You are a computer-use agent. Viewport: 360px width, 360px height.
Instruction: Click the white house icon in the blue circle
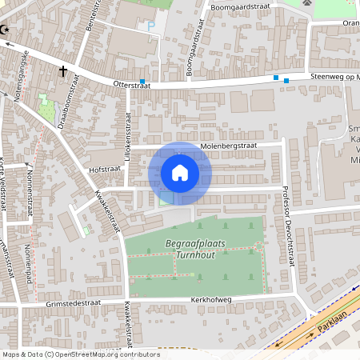(x=180, y=173)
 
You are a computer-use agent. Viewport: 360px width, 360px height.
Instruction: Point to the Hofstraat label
(x=104, y=170)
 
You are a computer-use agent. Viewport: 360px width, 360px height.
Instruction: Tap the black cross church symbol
(x=62, y=70)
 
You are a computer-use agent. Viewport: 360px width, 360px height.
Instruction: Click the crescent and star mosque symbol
(x=7, y=30)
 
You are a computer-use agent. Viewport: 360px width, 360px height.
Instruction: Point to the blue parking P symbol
(x=151, y=26)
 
